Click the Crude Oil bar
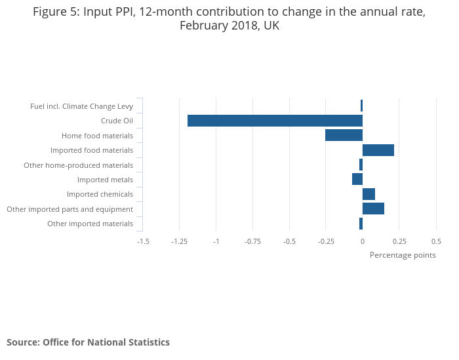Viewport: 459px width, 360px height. click(275, 121)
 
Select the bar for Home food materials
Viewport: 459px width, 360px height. click(344, 135)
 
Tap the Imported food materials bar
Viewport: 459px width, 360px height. click(378, 150)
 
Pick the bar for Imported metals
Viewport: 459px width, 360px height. click(357, 179)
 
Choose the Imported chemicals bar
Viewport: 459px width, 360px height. click(369, 194)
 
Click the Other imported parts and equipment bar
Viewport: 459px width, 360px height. click(373, 209)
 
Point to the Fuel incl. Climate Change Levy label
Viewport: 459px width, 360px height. click(81, 106)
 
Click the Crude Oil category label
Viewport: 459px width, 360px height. click(117, 121)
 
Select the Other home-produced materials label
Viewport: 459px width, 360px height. click(78, 165)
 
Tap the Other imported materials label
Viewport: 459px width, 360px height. click(90, 224)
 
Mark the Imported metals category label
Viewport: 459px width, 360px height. click(105, 180)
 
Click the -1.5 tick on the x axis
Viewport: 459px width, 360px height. click(143, 241)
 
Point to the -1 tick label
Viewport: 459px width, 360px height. click(216, 241)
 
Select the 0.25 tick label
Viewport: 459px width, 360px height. click(399, 241)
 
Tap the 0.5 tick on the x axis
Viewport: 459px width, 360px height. click(436, 241)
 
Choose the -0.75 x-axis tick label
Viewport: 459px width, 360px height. click(252, 241)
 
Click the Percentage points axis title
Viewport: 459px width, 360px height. click(403, 255)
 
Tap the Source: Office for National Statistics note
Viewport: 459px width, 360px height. click(88, 342)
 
